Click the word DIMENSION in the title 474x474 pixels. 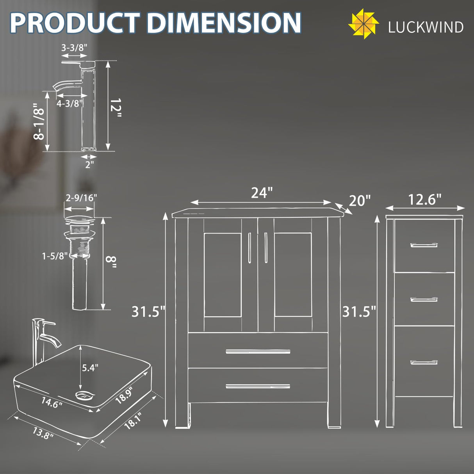point(224,23)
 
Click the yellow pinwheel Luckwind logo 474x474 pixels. point(363,24)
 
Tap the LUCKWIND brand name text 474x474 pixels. point(426,27)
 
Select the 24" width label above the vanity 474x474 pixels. point(261,192)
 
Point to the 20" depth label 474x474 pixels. point(359,201)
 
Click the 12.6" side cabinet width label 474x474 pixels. point(424,200)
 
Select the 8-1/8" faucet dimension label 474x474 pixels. point(39,122)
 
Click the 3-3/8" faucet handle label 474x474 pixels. point(74,48)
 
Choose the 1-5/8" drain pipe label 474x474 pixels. point(55,256)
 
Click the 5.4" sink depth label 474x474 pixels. point(90,367)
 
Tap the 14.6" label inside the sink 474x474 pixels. point(52,402)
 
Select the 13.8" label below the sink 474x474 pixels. point(43,433)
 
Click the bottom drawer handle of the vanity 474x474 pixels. point(258,387)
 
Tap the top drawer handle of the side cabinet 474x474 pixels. point(424,245)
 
